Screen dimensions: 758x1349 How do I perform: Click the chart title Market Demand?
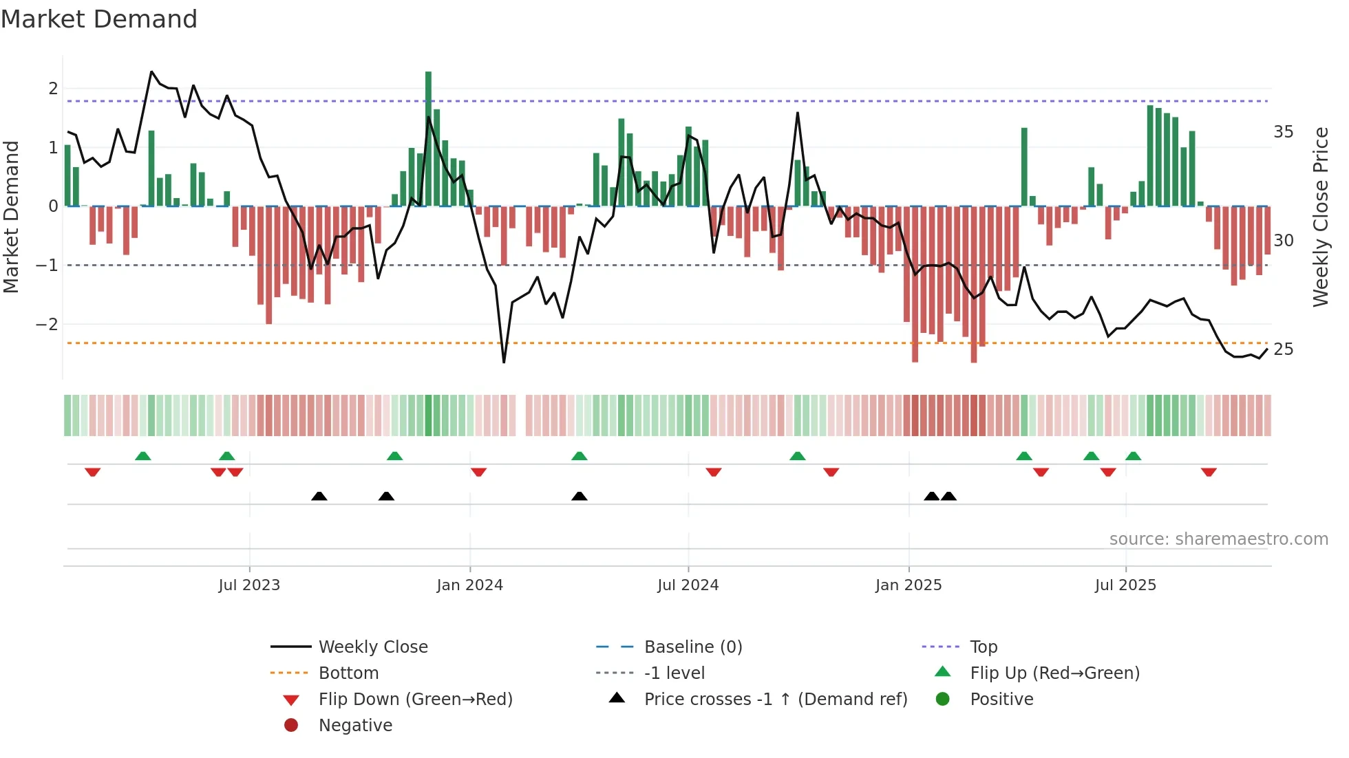click(x=99, y=19)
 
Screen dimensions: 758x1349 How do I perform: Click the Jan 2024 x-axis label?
click(x=469, y=585)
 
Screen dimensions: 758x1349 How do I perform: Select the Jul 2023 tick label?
click(x=249, y=585)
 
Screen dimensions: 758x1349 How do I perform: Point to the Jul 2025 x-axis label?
click(x=1125, y=585)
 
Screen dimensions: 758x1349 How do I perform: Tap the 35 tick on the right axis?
click(x=1283, y=132)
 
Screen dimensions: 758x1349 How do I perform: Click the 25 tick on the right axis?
click(x=1283, y=349)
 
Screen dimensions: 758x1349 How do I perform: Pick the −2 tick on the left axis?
click(x=47, y=324)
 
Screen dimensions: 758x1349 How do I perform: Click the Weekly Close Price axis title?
click(x=1320, y=217)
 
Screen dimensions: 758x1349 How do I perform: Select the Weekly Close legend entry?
click(x=372, y=647)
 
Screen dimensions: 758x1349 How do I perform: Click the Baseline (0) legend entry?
click(x=692, y=647)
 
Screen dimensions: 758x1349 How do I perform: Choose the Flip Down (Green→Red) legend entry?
click(x=415, y=700)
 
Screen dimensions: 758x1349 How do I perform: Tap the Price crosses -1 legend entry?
click(x=775, y=700)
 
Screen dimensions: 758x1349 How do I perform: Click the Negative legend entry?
click(x=354, y=726)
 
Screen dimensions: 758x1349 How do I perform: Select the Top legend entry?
click(x=983, y=647)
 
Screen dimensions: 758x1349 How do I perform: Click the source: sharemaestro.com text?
click(x=1218, y=539)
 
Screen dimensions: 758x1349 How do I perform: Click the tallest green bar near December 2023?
click(x=428, y=138)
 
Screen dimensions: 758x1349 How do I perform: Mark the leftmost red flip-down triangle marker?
click(x=92, y=472)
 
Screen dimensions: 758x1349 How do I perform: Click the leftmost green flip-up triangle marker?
click(x=142, y=456)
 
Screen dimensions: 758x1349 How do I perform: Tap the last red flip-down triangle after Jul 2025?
click(x=1209, y=472)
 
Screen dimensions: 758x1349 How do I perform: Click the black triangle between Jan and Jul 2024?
click(x=580, y=496)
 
